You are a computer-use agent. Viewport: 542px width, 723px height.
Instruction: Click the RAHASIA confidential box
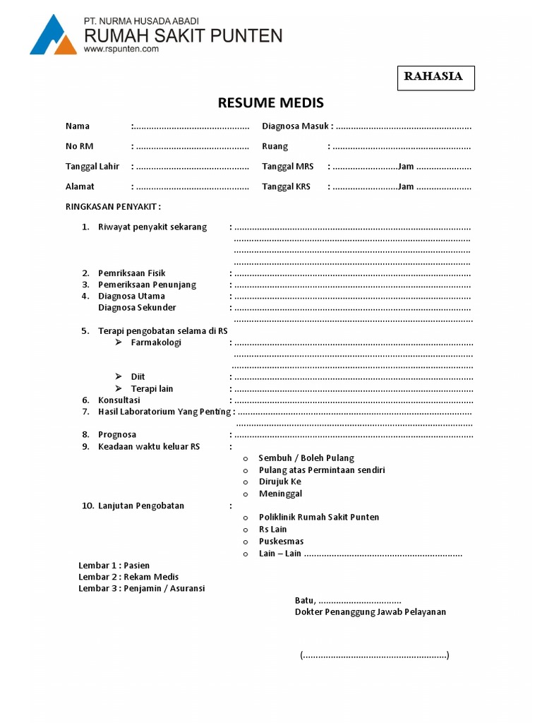click(434, 78)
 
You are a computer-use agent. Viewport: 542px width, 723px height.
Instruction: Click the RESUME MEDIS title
click(270, 103)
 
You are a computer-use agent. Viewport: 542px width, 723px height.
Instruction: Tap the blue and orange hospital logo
click(53, 35)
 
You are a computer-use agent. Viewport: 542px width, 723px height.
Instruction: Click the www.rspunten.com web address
click(121, 49)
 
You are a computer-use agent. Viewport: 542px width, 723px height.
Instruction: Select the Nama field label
click(78, 126)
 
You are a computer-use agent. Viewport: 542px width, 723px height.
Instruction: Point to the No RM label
click(79, 147)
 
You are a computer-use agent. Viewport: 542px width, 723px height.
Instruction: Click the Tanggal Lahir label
click(92, 167)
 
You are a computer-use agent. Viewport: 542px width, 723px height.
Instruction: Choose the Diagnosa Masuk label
click(296, 126)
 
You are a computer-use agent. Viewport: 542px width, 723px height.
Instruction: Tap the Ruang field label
click(275, 147)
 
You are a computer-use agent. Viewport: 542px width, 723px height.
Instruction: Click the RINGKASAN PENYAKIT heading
click(113, 207)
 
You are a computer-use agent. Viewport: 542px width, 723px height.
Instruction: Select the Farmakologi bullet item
click(156, 342)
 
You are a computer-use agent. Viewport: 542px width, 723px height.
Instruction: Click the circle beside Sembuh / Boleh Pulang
click(246, 459)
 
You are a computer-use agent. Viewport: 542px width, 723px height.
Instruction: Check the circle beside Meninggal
click(246, 494)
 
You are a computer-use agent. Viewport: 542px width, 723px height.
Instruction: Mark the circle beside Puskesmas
click(246, 542)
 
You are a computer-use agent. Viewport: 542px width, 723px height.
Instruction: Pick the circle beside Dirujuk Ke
click(246, 482)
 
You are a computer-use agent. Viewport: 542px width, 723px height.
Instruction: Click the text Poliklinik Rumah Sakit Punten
click(319, 518)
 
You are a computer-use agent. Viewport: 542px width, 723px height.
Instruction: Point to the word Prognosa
click(117, 435)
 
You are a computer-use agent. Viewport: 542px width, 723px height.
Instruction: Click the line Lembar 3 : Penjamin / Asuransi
click(142, 588)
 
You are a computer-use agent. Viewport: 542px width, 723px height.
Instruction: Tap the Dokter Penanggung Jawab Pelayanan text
click(371, 612)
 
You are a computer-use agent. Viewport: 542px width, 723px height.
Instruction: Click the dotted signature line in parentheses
click(375, 655)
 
